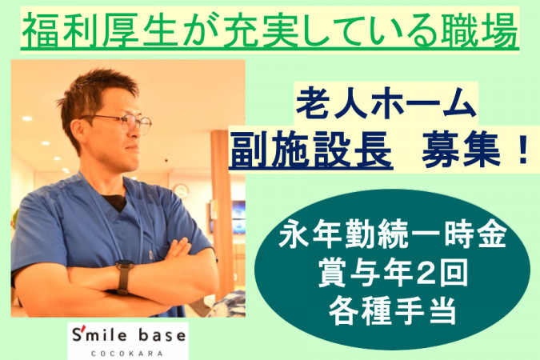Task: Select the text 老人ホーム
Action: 386,103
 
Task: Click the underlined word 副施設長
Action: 310,150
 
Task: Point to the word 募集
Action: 462,150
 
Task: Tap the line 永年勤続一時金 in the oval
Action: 392,237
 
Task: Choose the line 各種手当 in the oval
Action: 392,311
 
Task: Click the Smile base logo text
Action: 129,335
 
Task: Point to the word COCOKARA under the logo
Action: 127,354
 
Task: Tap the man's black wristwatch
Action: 124,276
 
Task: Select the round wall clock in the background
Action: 181,191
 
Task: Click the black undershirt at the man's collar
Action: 114,202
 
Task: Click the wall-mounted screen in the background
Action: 238,217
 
